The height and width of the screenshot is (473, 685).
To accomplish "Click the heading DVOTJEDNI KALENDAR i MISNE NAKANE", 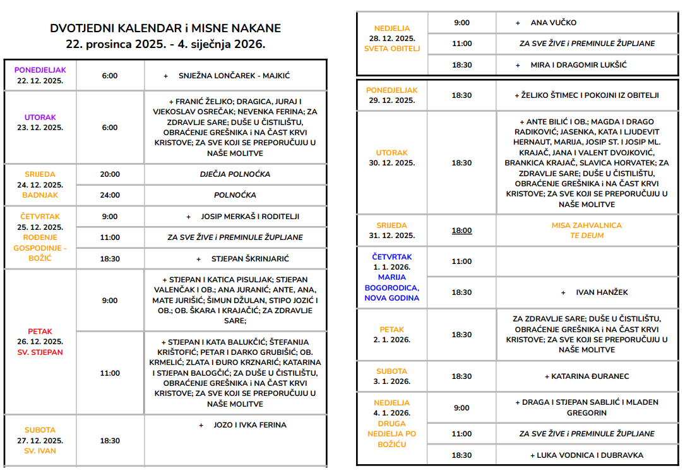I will pyautogui.click(x=165, y=28).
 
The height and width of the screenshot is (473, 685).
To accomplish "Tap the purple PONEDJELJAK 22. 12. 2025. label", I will pyautogui.click(x=40, y=75).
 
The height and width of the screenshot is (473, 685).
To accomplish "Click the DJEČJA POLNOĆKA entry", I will pyautogui.click(x=235, y=174).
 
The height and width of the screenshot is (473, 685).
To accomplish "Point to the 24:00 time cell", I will pyautogui.click(x=110, y=195).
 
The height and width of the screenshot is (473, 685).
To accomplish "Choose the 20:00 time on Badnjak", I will pyautogui.click(x=110, y=174).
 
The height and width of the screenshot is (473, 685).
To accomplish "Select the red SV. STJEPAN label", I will pyautogui.click(x=40, y=352).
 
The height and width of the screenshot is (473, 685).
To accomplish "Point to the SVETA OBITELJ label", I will pyautogui.click(x=392, y=49).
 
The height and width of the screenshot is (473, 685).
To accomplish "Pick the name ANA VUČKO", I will pyautogui.click(x=553, y=23).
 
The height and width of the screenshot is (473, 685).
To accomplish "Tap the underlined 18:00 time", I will pyautogui.click(x=462, y=231).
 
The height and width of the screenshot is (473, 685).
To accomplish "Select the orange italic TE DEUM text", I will pyautogui.click(x=587, y=236).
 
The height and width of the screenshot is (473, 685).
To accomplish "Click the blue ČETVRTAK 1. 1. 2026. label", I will pyautogui.click(x=392, y=262).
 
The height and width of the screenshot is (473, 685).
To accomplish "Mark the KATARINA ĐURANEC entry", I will pyautogui.click(x=587, y=376).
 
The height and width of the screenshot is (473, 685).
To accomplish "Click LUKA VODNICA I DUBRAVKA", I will pyautogui.click(x=587, y=455).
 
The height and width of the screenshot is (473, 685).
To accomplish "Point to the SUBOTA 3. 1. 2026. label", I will pyautogui.click(x=392, y=376).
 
